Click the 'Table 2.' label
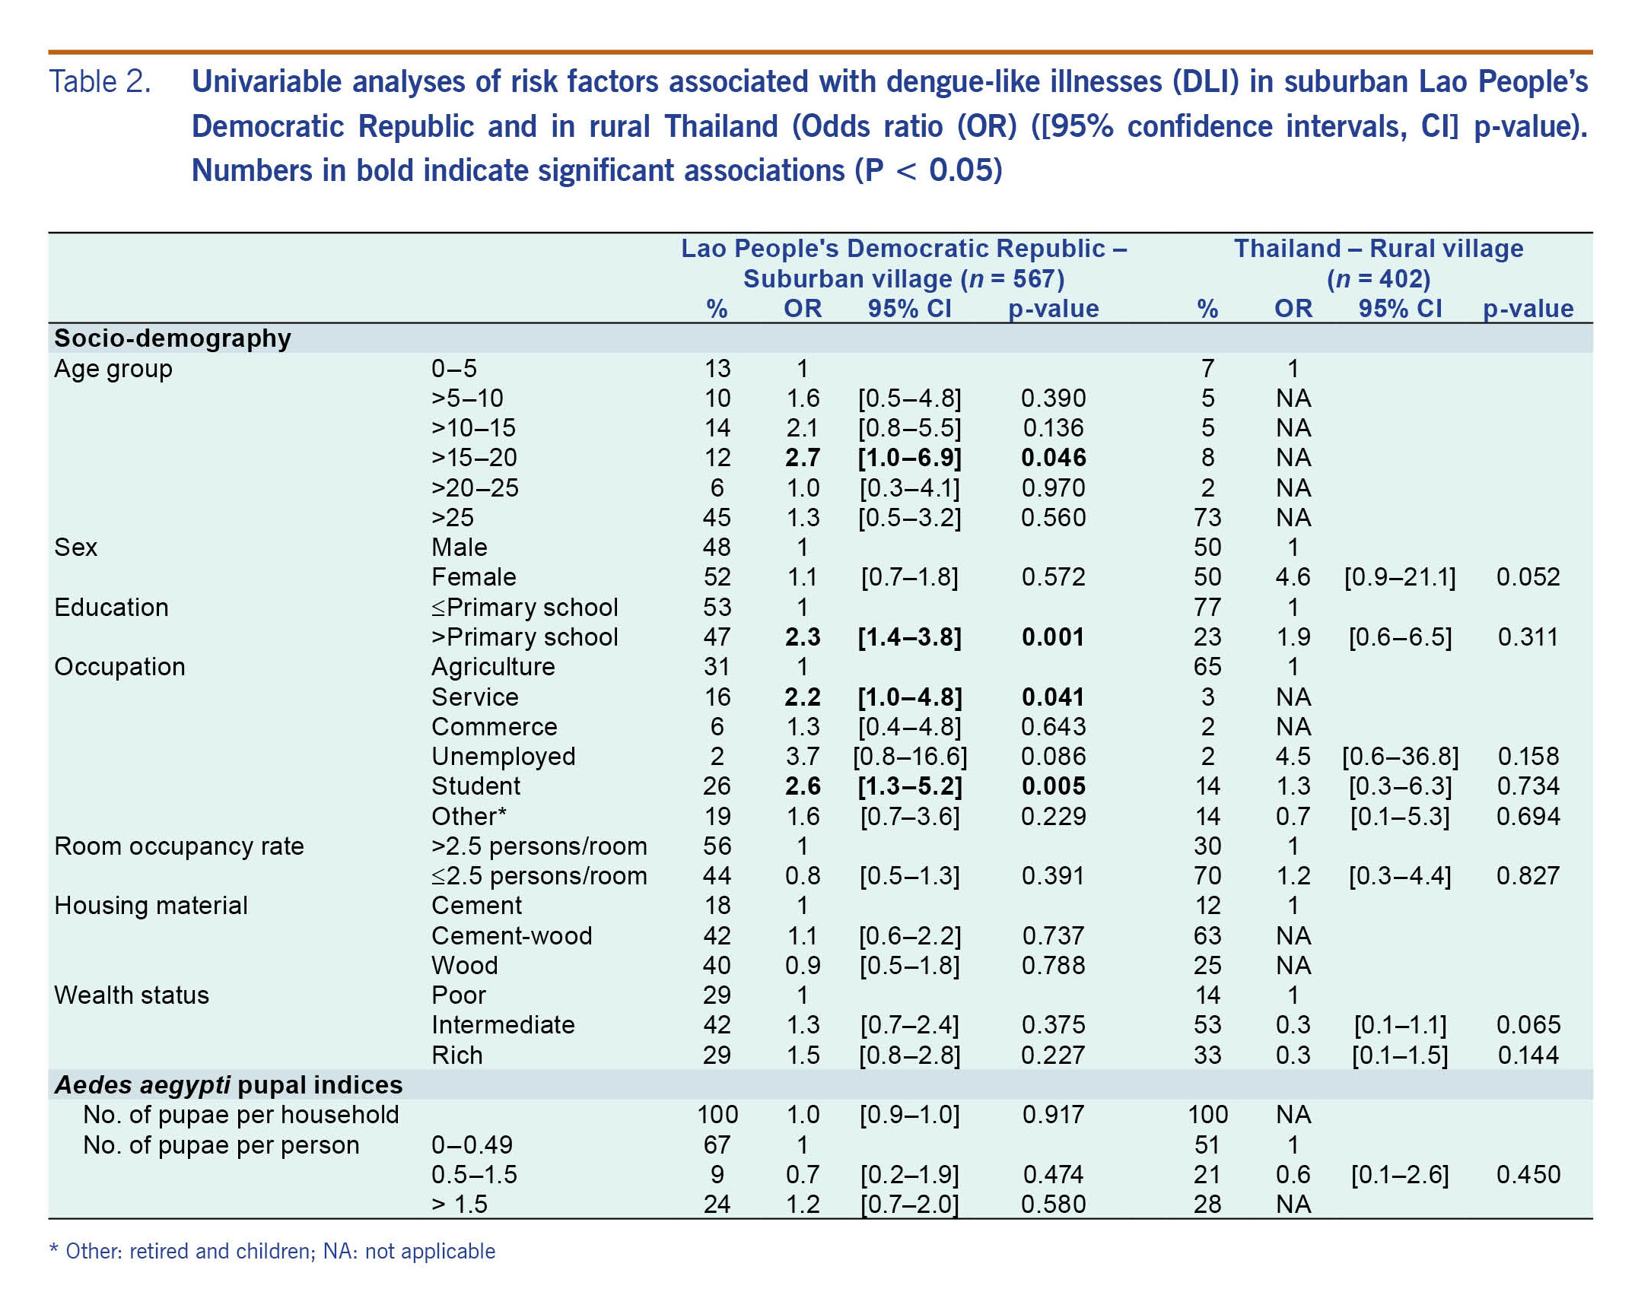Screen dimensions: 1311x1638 [100, 82]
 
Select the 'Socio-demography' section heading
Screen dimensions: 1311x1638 [173, 338]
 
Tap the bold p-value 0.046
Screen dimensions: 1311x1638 [1053, 458]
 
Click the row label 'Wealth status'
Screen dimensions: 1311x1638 [132, 995]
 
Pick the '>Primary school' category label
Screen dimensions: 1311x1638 [524, 637]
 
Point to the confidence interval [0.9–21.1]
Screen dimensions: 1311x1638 [1400, 577]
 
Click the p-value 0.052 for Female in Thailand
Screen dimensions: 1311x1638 [1528, 577]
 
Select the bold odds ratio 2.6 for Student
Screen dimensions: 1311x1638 [803, 786]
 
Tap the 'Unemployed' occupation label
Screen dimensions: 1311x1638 [503, 757]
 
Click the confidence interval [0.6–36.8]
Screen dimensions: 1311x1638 [1400, 757]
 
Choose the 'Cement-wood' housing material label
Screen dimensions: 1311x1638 [511, 936]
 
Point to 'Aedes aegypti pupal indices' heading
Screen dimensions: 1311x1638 [228, 1085]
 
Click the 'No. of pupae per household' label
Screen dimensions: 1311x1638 [241, 1115]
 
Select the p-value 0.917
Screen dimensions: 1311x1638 [1053, 1115]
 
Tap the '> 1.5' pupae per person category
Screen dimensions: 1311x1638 [459, 1205]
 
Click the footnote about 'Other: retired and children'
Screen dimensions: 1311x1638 [272, 1252]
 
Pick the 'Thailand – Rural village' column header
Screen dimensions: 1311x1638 [1378, 249]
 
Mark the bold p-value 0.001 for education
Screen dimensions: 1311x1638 [1053, 637]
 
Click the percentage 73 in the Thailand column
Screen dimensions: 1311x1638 [1207, 518]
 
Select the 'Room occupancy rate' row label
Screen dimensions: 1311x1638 [179, 846]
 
